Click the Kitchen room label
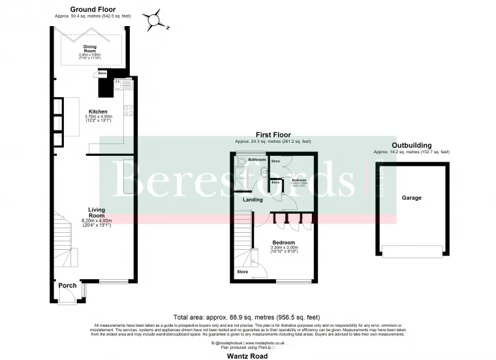98,112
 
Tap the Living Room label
97,212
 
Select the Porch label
67,286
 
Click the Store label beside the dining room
102,74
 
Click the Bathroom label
256,160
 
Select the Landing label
253,200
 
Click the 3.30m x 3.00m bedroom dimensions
284,248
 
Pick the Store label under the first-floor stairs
242,271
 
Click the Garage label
411,198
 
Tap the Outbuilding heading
411,145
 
